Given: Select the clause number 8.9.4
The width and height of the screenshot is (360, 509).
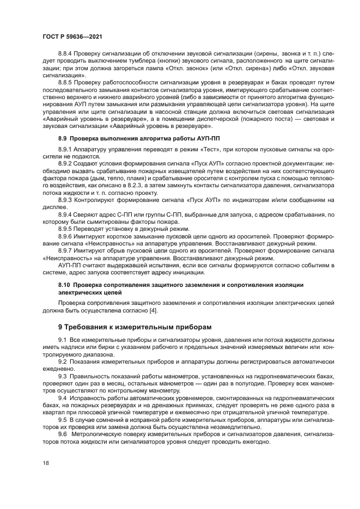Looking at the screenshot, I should click(67, 215).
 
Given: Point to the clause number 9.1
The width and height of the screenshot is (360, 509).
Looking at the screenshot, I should click(62, 340).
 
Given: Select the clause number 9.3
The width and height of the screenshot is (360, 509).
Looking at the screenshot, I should click(62, 375).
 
